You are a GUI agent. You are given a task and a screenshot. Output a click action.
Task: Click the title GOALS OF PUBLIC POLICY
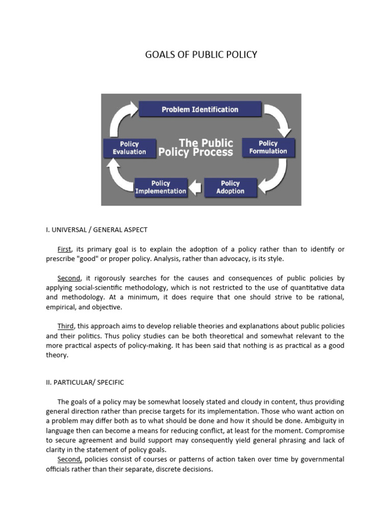[x=201, y=54]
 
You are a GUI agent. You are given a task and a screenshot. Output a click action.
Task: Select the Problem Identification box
[x=200, y=109]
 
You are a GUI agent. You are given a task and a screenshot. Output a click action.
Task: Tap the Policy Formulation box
[x=268, y=147]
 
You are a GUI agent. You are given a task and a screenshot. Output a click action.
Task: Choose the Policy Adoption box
[x=230, y=187]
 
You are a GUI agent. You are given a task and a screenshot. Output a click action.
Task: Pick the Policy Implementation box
[x=160, y=187]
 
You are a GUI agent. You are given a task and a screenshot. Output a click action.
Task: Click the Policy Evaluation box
[x=129, y=148]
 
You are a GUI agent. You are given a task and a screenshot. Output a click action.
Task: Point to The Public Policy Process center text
[x=195, y=147]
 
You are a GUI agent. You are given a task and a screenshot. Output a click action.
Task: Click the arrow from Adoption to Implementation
[x=195, y=189]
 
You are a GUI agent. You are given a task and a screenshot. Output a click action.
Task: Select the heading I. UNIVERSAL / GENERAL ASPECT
[x=97, y=229]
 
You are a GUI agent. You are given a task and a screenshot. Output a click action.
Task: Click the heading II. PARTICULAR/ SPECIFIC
[x=85, y=382]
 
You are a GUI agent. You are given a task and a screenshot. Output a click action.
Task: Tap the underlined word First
[x=64, y=249]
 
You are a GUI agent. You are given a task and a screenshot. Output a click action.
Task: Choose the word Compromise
[x=324, y=430]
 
